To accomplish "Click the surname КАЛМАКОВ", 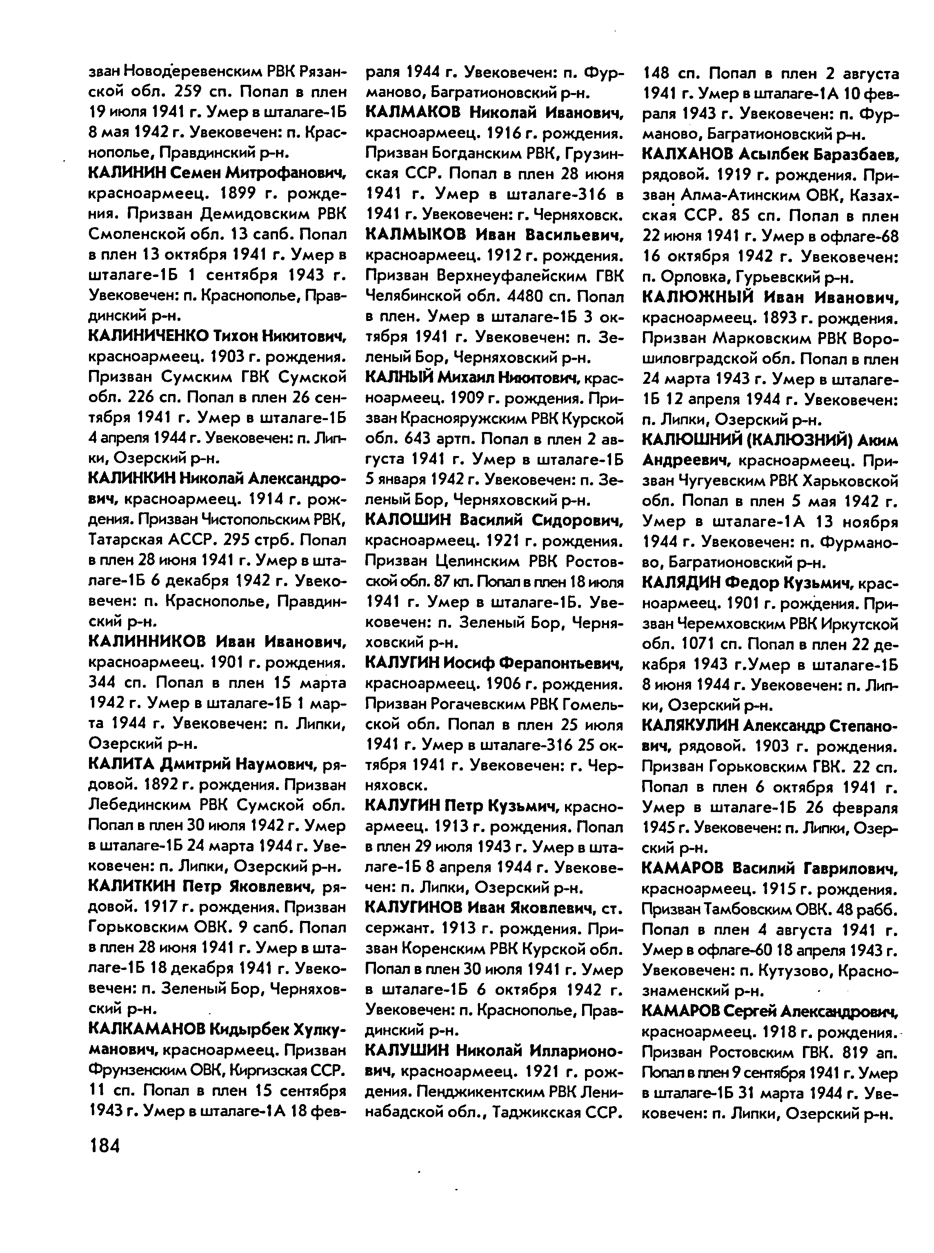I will click(414, 113).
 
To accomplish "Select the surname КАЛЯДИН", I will click(682, 582).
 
